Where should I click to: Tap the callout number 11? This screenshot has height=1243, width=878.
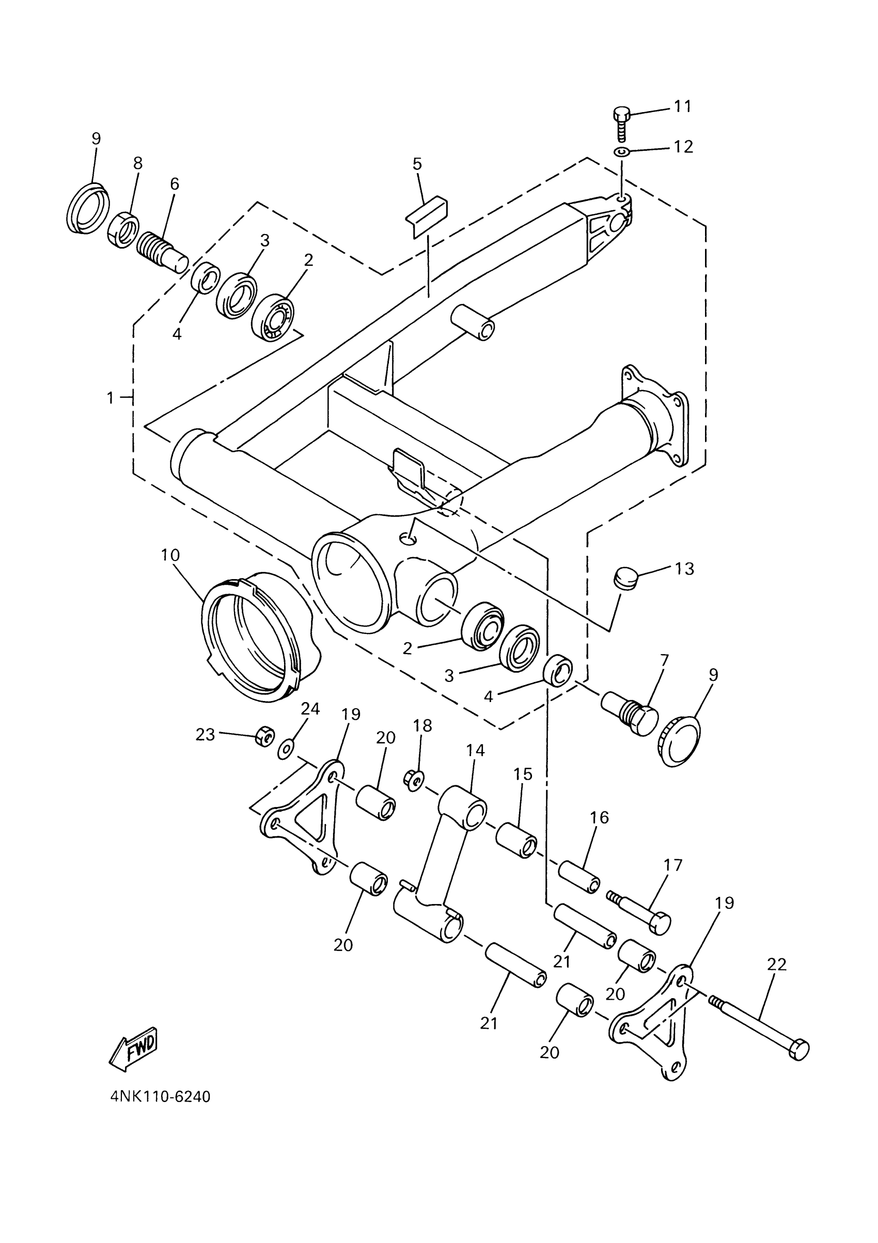tap(683, 106)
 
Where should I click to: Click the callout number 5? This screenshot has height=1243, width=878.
tap(417, 163)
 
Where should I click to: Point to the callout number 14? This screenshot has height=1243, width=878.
tap(475, 750)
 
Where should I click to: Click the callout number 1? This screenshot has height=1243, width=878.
tap(111, 398)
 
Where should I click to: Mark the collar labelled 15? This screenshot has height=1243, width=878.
tap(516, 848)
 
